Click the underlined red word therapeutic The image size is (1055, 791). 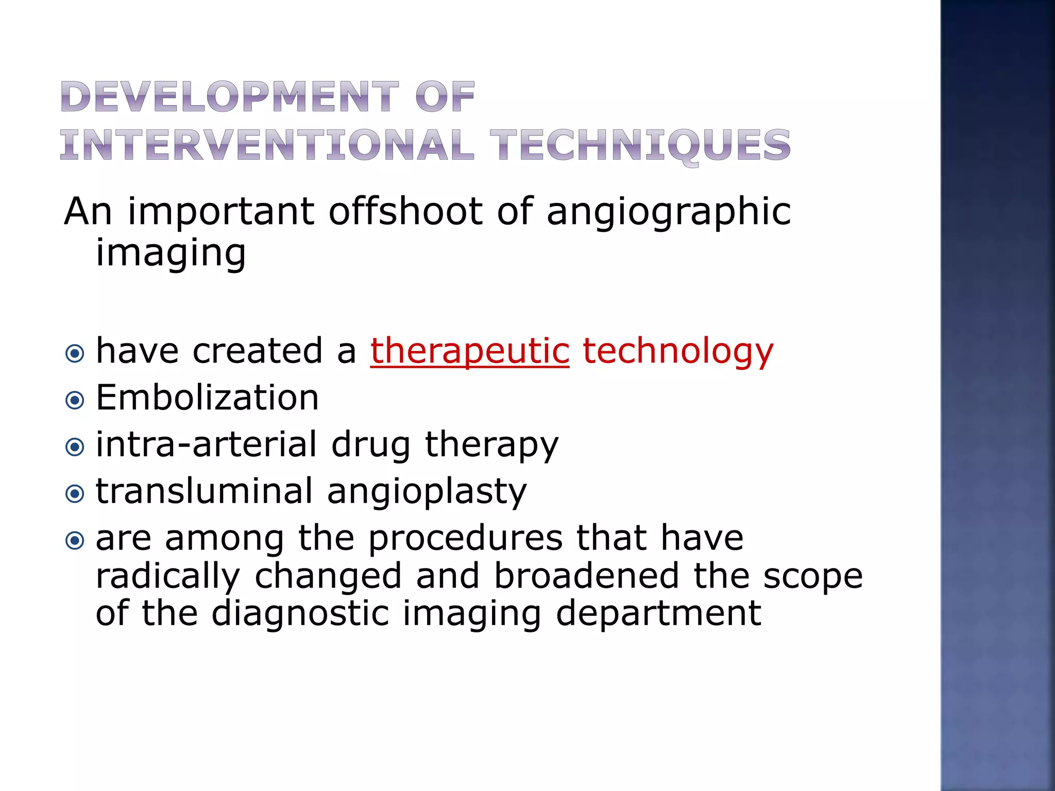470,351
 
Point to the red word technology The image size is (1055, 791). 678,351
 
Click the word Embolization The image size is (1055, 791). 207,398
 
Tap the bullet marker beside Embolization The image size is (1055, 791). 75,400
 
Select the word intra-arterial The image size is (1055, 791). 207,444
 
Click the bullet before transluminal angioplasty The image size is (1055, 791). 75,494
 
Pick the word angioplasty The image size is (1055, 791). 427,492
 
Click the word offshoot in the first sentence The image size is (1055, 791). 406,211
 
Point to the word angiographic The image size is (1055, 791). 669,212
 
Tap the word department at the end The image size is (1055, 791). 658,613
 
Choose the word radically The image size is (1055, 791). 168,577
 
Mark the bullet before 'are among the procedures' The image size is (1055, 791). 75,541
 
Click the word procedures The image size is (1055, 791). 465,539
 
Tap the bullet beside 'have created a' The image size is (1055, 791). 75,354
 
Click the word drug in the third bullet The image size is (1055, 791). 371,445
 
